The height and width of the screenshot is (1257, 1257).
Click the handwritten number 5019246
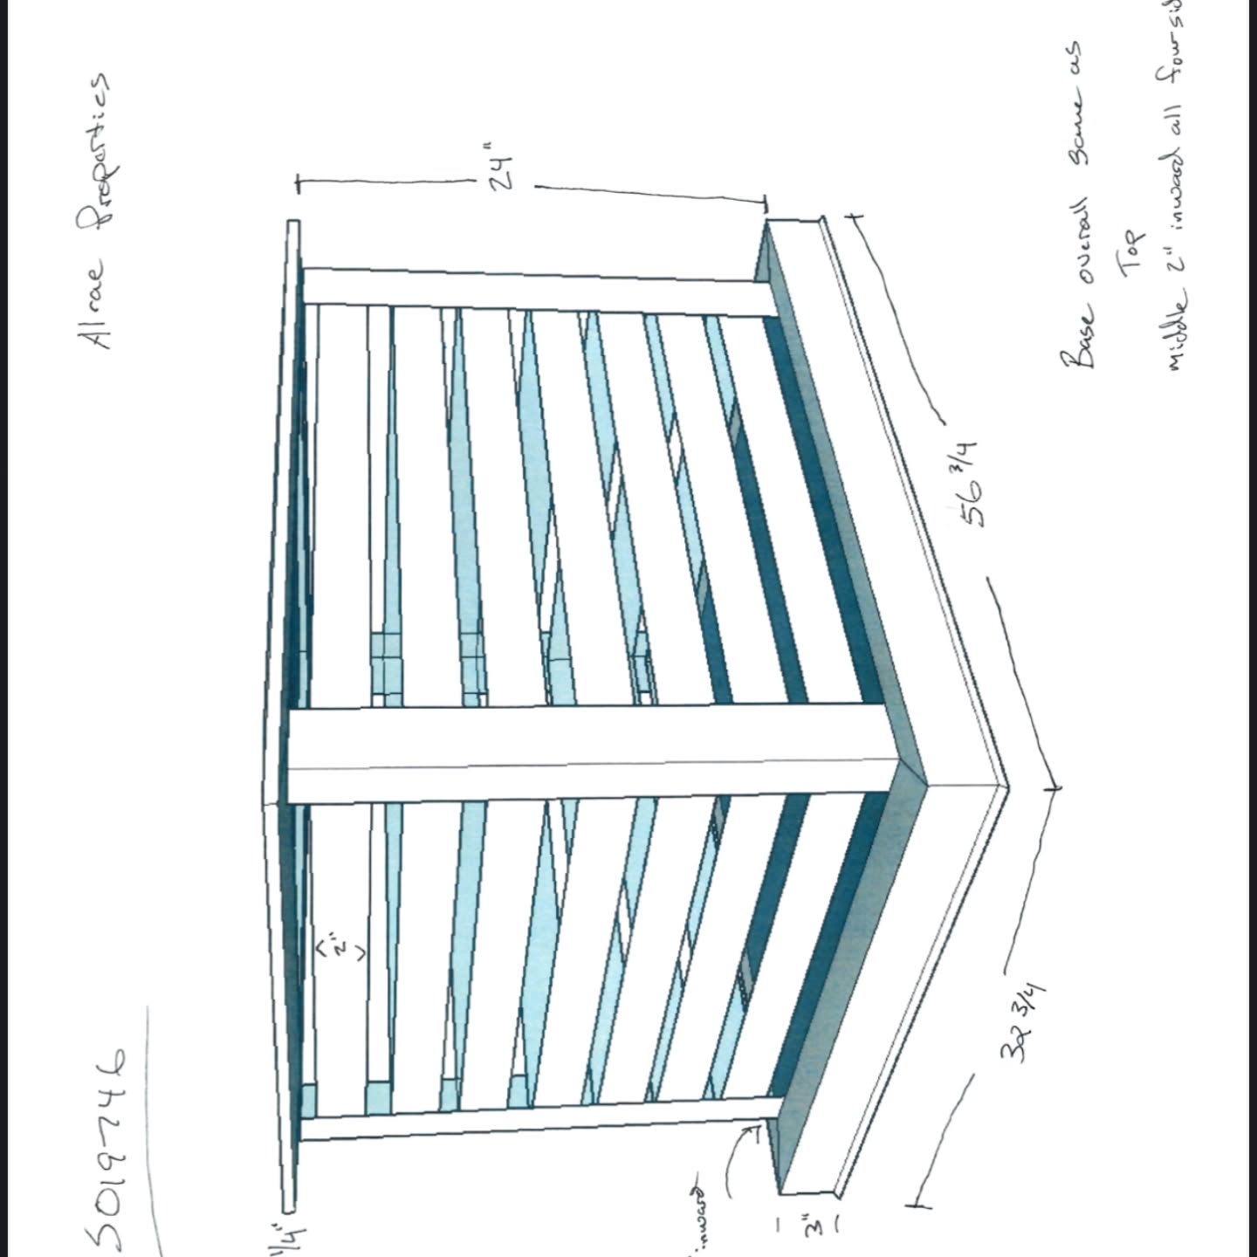click(106, 1151)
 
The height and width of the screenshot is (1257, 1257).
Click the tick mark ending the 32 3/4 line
click(917, 1205)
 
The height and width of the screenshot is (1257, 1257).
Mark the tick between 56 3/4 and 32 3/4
click(1054, 787)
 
